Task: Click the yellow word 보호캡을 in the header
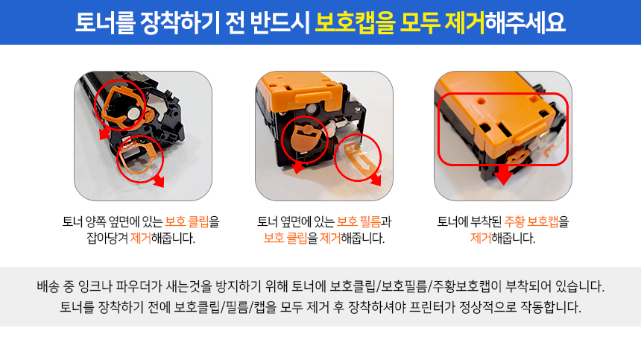355,22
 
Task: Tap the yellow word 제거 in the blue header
464,22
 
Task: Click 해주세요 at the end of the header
525,22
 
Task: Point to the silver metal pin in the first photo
133,113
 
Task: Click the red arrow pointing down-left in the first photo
105,133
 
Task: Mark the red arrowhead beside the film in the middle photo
375,180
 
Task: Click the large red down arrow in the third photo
503,174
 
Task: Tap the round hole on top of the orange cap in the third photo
481,100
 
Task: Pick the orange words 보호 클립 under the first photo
187,222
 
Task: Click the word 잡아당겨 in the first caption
107,238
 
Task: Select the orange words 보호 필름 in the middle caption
359,222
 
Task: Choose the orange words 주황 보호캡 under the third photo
531,222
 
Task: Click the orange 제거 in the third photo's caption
481,238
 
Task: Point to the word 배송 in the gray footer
48,286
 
